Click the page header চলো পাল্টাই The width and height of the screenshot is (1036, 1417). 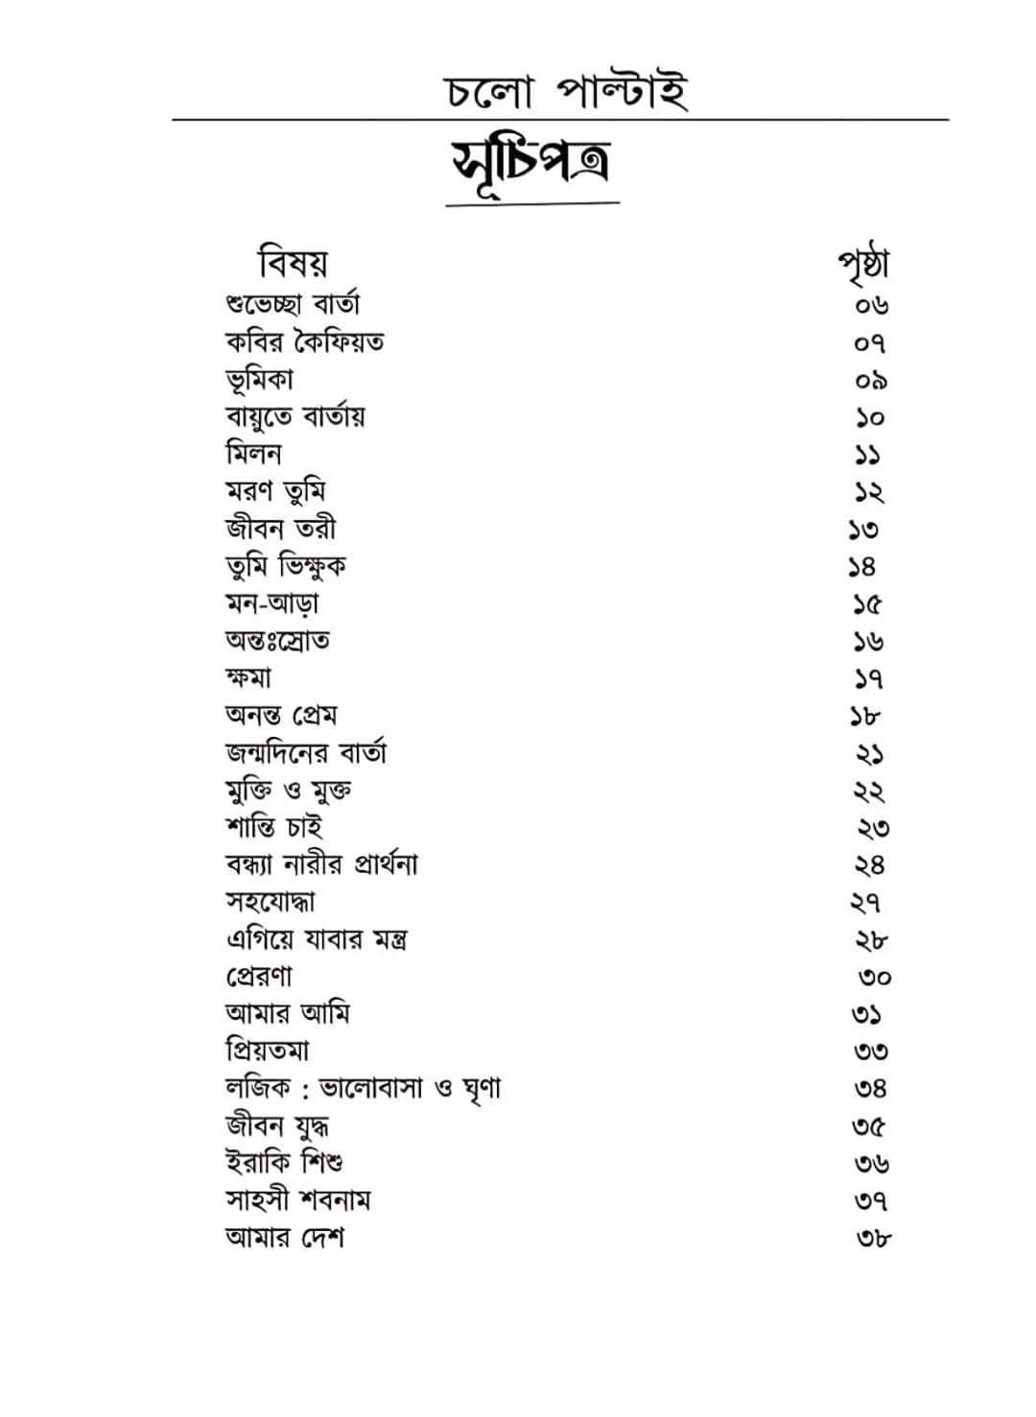point(566,92)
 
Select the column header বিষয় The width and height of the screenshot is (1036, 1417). point(293,262)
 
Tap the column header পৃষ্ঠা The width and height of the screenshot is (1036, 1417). point(863,264)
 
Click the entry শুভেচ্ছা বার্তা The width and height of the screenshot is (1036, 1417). point(293,304)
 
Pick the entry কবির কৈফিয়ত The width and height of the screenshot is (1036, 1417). point(304,342)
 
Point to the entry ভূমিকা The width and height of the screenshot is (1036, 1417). point(259,379)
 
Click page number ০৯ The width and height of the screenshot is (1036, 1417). point(871,381)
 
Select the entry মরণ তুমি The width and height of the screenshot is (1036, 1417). point(275,491)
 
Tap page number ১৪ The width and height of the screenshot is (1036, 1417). point(862,567)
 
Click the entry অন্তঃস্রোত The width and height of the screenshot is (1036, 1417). point(277,640)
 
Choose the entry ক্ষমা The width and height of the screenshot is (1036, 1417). point(248,677)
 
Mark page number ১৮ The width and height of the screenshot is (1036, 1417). point(864,717)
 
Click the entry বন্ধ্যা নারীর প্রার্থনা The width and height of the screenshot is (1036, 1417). point(321,864)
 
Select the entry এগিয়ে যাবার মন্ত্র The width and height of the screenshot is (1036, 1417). point(317,939)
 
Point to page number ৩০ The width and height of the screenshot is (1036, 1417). point(874,978)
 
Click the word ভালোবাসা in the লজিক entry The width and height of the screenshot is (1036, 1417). point(370,1088)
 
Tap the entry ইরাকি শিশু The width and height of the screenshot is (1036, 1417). point(284,1163)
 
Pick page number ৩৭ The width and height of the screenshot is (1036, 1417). point(871,1201)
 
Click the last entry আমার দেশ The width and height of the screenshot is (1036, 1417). point(284,1238)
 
